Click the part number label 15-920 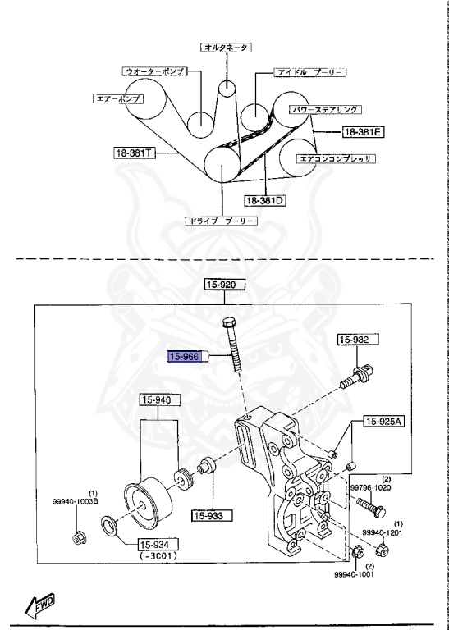click(x=226, y=285)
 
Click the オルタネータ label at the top click(x=226, y=48)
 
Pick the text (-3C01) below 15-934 click(x=158, y=556)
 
